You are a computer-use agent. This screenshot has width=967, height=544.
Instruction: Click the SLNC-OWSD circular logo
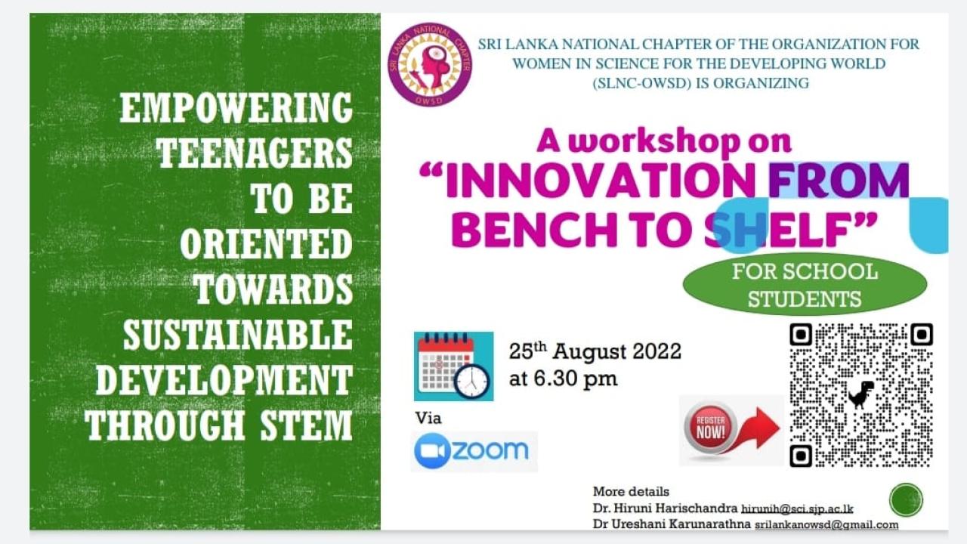point(430,65)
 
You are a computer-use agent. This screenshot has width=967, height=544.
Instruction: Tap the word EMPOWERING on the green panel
point(236,107)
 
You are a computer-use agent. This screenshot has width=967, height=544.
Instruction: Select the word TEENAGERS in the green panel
point(255,153)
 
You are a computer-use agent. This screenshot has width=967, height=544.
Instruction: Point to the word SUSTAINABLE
point(238,335)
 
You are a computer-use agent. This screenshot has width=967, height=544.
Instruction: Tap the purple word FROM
point(839,181)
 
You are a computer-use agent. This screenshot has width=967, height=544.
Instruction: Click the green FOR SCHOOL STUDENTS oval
point(805,285)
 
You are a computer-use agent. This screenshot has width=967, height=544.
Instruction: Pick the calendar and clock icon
point(454,366)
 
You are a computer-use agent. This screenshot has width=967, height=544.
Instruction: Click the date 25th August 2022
point(595,351)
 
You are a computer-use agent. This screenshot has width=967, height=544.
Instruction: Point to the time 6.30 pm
point(576,379)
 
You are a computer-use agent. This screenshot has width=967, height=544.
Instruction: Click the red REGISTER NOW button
point(711,428)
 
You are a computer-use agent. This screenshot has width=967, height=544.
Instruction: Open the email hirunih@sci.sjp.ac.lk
point(797,509)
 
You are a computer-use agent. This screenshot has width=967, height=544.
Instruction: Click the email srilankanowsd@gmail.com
point(826,524)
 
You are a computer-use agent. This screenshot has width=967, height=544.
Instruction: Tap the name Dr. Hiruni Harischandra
point(666,508)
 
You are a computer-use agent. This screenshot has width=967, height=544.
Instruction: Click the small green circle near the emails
point(906,499)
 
